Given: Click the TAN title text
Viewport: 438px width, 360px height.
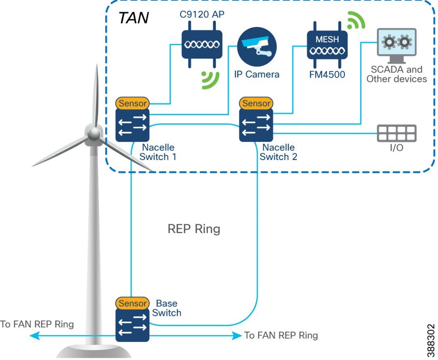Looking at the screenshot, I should click(134, 18).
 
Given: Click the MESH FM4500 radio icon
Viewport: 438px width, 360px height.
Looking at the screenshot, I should click(327, 45).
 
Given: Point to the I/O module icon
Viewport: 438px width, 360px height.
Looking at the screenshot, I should click(396, 133).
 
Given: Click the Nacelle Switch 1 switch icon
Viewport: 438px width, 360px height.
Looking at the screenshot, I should click(132, 125).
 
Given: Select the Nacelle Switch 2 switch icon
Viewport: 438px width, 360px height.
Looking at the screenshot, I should click(256, 125).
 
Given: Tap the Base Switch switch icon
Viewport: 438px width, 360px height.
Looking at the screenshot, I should click(132, 325).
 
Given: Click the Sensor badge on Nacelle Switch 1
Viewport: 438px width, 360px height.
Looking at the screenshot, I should click(132, 103).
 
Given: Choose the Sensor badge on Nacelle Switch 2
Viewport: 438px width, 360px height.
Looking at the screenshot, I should click(256, 103).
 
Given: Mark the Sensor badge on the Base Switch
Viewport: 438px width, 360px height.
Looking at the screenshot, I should click(132, 303).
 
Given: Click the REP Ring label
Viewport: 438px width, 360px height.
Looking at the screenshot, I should click(194, 229).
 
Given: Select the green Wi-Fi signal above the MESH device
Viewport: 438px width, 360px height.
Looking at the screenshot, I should click(356, 21).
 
